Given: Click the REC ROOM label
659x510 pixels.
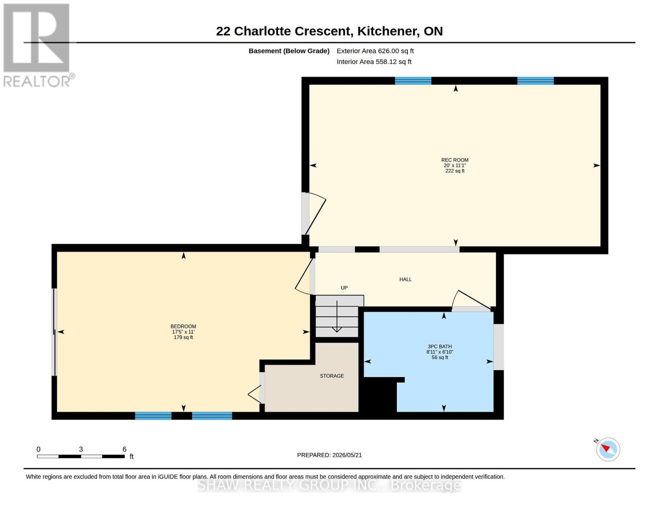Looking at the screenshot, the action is pos(454,160).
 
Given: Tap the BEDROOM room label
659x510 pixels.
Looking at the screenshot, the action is pos(183,326).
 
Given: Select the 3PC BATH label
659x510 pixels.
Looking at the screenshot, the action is pos(440,346).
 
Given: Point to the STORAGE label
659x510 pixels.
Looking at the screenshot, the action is pos(332,376).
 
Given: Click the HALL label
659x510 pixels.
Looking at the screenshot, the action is pos(406,280).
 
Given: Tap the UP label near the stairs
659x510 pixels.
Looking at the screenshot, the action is pos(344,288).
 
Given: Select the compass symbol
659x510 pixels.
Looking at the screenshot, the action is pos(608,450).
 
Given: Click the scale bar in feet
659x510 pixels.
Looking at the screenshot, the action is pos(81,456).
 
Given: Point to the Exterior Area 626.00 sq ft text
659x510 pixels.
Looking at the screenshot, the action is pos(375,51).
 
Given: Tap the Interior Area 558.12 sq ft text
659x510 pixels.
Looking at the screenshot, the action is pos(374,62).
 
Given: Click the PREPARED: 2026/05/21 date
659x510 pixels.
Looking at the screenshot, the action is pos(329,455).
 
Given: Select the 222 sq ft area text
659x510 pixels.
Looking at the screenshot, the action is pos(454,171).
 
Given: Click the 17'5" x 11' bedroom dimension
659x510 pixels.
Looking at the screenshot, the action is pos(183,332).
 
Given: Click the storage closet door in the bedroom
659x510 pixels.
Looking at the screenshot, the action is pos(255,394).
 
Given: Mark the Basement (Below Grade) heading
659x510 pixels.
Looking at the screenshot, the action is pos(289,51).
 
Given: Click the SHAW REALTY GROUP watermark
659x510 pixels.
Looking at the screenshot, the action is pos(329,485).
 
